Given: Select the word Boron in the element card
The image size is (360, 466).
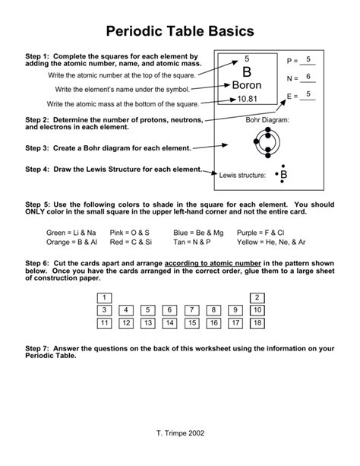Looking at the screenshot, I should tap(246, 85).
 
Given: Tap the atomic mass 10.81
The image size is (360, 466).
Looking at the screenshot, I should tap(246, 99).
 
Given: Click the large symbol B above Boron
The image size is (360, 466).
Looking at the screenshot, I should tap(246, 72).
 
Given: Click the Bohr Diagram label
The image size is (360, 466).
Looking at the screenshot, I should tap(267, 119).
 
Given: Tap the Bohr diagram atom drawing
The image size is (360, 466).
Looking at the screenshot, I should tap(267, 142).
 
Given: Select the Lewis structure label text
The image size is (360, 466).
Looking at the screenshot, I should tap(242, 176).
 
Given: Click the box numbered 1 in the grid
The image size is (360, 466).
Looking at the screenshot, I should tap(105, 297).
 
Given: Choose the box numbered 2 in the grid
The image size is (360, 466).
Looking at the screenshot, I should tap(257, 297).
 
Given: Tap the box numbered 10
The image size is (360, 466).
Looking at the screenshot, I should tap(257, 310).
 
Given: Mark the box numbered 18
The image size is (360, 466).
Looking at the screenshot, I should tap(257, 323).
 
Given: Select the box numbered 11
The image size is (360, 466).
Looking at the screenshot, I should tap(105, 323).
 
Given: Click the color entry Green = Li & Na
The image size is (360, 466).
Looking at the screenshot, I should tap(71, 232).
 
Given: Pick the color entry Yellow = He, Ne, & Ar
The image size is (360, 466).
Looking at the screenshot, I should tap(270, 242).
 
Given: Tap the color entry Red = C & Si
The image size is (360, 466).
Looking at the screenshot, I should tap(131, 242).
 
